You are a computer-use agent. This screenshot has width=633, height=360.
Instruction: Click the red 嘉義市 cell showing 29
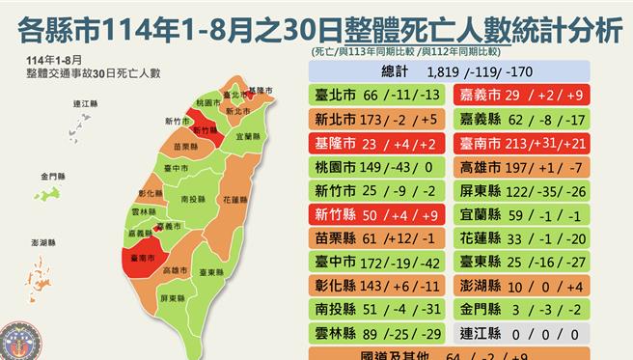pyautogui.click(x=531, y=95)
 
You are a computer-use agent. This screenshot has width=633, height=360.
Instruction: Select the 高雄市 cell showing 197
pyautogui.click(x=531, y=169)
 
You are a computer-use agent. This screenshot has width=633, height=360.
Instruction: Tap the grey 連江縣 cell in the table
pyautogui.click(x=531, y=331)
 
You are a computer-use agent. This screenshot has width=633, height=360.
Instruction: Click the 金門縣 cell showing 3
pyautogui.click(x=531, y=308)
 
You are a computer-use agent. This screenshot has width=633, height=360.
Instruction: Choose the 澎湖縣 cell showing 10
pyautogui.click(x=531, y=285)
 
